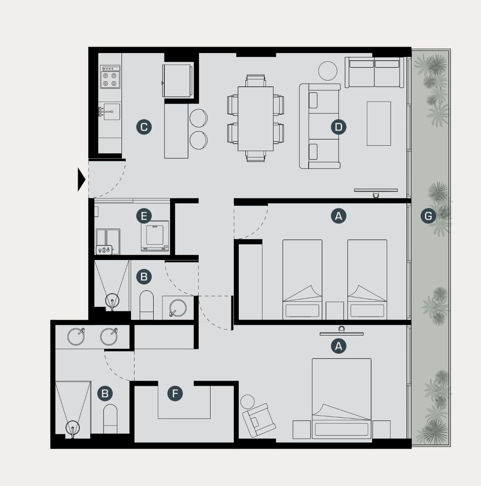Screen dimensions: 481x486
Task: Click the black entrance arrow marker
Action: point(81,180)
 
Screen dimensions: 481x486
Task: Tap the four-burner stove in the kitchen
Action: point(110,77)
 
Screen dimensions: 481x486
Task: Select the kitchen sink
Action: point(111,112)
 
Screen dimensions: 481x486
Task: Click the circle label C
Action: point(144,127)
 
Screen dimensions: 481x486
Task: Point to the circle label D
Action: point(338,127)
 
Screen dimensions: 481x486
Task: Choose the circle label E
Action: point(144,216)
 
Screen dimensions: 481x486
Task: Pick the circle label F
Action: point(175,393)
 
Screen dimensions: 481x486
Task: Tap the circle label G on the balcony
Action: point(428,216)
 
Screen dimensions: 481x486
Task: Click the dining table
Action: point(255,119)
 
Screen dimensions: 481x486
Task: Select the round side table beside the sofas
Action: point(328,71)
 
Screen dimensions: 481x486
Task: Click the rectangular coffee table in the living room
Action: point(379,123)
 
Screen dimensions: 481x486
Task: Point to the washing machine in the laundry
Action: point(155,235)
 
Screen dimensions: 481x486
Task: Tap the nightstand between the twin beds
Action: point(335,310)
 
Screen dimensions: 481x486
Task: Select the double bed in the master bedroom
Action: point(342,399)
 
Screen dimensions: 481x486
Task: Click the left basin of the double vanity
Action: point(76,337)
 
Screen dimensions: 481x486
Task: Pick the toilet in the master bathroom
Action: point(111,419)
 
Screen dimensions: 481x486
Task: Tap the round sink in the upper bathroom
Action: point(178,308)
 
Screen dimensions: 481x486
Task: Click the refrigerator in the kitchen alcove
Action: point(177,81)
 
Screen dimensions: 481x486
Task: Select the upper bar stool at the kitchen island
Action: point(199,118)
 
